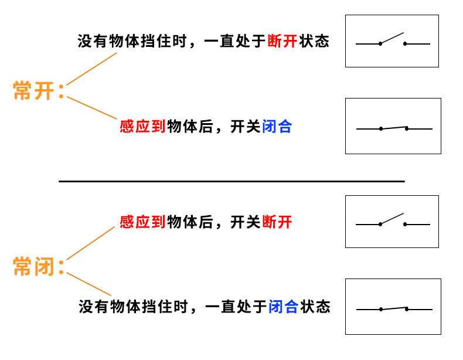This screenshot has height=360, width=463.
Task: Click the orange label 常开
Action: point(33,91)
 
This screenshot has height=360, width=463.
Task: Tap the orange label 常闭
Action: point(33,267)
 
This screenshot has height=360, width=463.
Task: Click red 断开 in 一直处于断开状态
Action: point(282,41)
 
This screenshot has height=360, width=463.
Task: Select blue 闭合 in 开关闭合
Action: point(277,126)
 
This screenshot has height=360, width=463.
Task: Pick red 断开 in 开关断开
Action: point(277,222)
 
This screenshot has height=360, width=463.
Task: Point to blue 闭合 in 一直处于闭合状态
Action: point(284,306)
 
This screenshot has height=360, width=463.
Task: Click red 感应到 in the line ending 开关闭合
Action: point(142,126)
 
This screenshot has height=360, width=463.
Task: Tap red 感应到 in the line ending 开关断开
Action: point(142,222)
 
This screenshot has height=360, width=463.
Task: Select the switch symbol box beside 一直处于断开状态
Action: point(392,41)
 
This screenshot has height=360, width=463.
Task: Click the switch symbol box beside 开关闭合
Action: point(393,125)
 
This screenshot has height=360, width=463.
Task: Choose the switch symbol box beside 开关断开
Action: point(392,221)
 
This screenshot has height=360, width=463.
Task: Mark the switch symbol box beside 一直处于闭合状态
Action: point(393,306)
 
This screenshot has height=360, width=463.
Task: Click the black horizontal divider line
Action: point(231,182)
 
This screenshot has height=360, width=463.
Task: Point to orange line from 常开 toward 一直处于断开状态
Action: point(92,69)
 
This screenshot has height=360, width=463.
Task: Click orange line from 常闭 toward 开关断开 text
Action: point(91,243)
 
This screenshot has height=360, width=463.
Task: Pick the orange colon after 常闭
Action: point(61,268)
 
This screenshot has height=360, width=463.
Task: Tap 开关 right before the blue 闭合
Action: point(246,126)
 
